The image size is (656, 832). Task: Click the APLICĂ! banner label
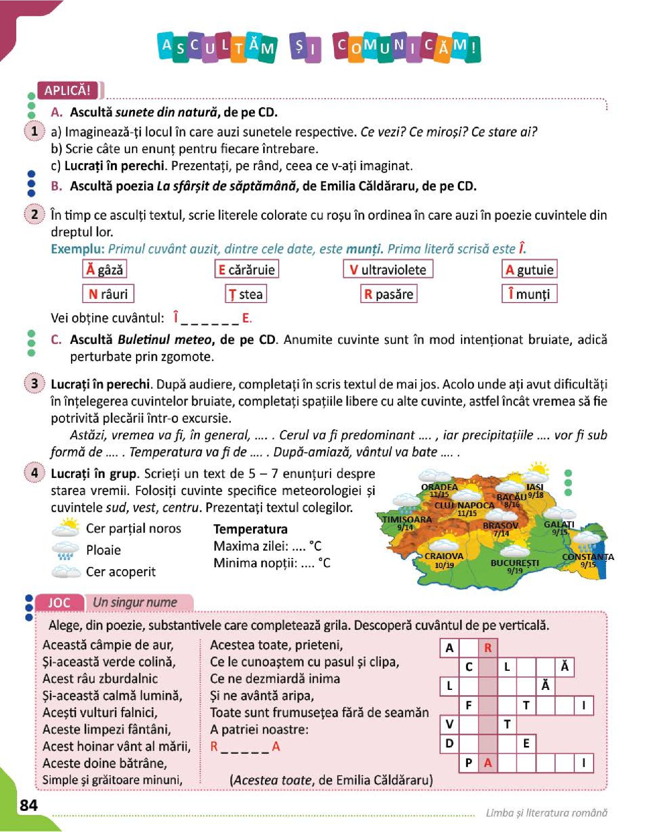(67, 90)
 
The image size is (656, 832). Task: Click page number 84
(28, 805)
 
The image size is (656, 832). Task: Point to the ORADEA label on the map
(439, 487)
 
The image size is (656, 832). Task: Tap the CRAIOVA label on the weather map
(444, 556)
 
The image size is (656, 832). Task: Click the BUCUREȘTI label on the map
(515, 563)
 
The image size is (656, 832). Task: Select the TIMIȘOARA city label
(407, 519)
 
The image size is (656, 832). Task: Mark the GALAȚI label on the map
(559, 524)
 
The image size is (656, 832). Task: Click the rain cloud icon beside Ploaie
(65, 550)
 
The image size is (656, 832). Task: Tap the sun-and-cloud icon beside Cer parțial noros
(65, 527)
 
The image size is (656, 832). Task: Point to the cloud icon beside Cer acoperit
(65, 571)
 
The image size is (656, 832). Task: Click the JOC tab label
(59, 603)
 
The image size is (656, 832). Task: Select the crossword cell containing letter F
(469, 705)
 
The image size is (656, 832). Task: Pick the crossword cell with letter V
(449, 724)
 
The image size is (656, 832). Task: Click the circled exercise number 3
(35, 384)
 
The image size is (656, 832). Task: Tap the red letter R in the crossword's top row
(488, 648)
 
